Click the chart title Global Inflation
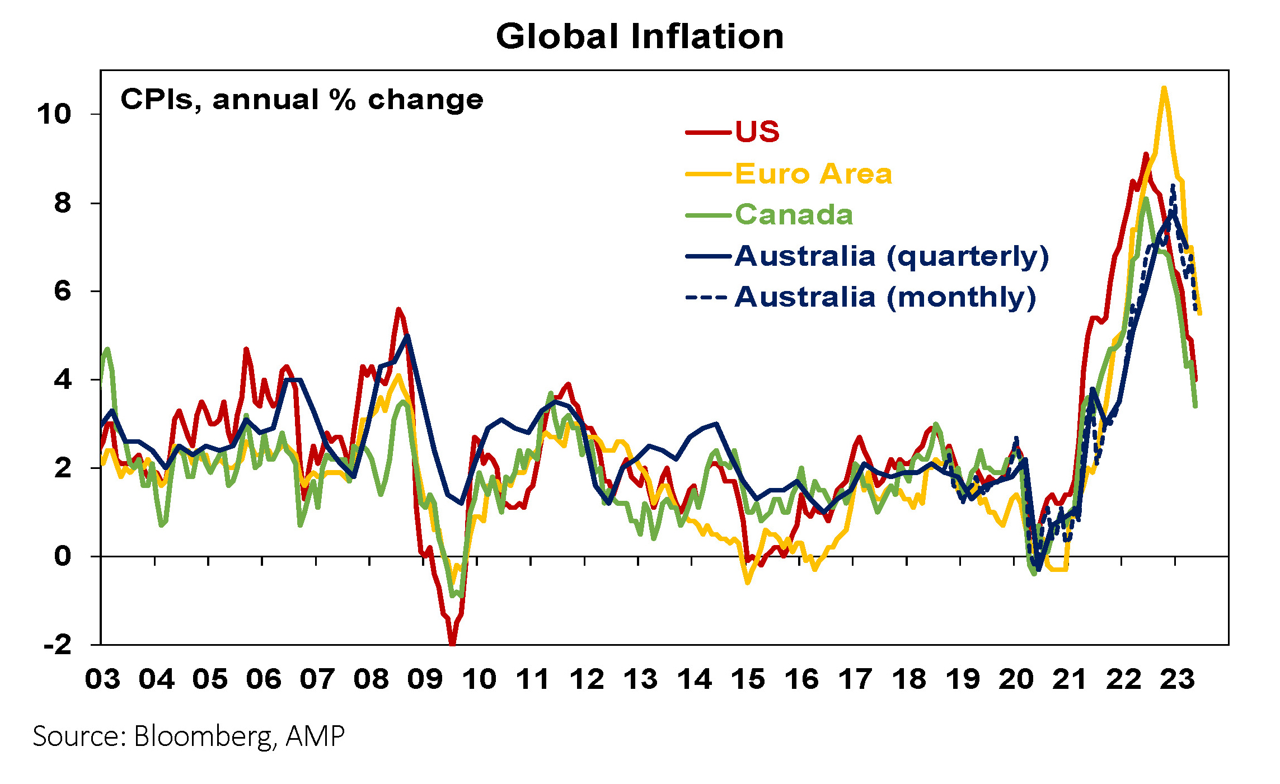click(x=640, y=37)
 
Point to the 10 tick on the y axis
click(x=54, y=115)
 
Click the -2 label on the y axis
click(x=58, y=645)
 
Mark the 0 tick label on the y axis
click(x=63, y=556)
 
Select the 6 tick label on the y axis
click(x=63, y=292)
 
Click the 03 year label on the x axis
click(x=102, y=679)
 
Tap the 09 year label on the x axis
click(x=425, y=679)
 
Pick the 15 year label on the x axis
click(x=748, y=679)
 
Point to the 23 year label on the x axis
click(x=1178, y=679)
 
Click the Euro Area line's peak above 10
click(x=1164, y=88)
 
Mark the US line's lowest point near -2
click(x=452, y=644)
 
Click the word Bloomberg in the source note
click(x=203, y=736)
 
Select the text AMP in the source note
click(x=315, y=736)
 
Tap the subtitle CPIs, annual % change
click(x=302, y=100)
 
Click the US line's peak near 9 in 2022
click(x=1146, y=154)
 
